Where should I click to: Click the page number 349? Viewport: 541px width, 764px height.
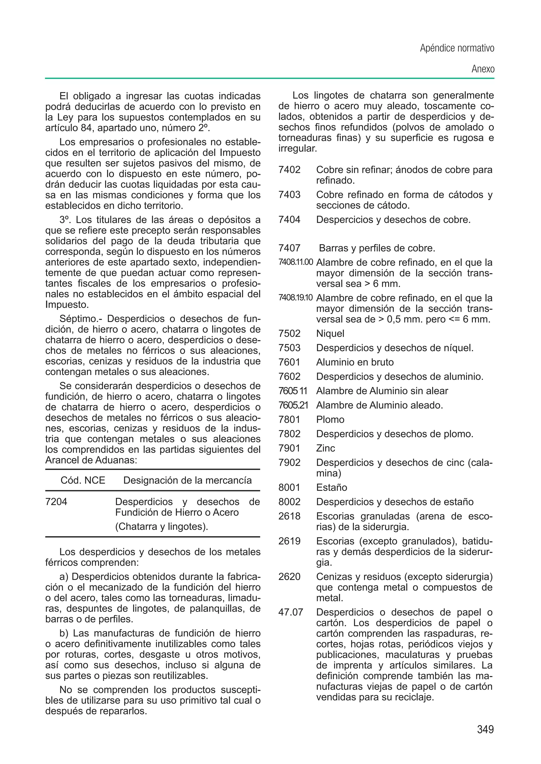pyautogui.click(x=485, y=729)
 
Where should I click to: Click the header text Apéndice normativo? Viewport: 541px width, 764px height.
pyautogui.click(x=457, y=49)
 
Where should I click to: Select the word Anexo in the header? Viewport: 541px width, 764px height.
pyautogui.click(x=483, y=69)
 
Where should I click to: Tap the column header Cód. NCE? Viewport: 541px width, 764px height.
pyautogui.click(x=83, y=480)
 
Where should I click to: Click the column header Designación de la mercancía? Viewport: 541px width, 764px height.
pyautogui.click(x=187, y=480)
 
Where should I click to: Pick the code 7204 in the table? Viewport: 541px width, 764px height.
pyautogui.click(x=56, y=501)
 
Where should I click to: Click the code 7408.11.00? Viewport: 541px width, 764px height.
pyautogui.click(x=296, y=262)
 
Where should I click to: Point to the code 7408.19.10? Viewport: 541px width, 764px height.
pyautogui.click(x=296, y=297)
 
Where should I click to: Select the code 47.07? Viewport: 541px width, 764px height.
pyautogui.click(x=291, y=612)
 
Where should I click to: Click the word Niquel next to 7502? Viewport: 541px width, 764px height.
pyautogui.click(x=330, y=333)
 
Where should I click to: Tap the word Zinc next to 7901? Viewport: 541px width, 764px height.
pyautogui.click(x=325, y=448)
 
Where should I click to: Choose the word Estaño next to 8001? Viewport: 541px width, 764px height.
pyautogui.click(x=332, y=487)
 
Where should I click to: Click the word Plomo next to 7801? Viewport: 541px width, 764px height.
pyautogui.click(x=330, y=419)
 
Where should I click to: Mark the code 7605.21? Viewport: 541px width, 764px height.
pyautogui.click(x=293, y=405)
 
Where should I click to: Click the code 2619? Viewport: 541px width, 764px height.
pyautogui.click(x=289, y=541)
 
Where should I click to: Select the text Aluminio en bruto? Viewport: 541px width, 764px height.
pyautogui.click(x=355, y=362)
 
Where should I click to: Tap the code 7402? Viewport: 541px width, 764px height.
pyautogui.click(x=289, y=170)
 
